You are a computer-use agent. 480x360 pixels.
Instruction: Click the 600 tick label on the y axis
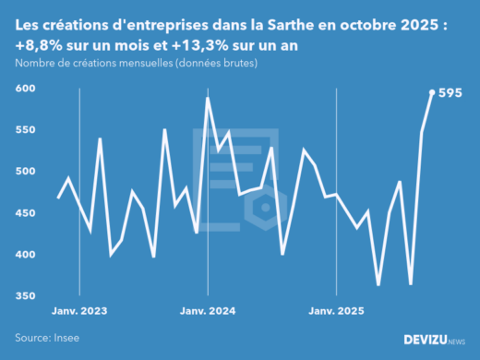[x=25, y=89]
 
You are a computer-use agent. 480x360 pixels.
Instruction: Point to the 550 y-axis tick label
[x=25, y=130]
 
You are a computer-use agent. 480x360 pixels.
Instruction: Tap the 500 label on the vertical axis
[x=25, y=172]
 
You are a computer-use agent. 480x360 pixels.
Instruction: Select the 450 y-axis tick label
[x=25, y=213]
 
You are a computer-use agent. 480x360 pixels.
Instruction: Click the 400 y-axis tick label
[x=25, y=255]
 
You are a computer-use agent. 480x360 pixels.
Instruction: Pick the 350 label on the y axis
[x=25, y=296]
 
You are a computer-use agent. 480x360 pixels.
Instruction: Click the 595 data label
[x=450, y=92]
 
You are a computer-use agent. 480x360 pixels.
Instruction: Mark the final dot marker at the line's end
[x=433, y=92]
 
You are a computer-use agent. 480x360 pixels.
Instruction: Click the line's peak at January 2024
[x=208, y=98]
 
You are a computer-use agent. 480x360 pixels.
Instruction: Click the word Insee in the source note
[x=65, y=338]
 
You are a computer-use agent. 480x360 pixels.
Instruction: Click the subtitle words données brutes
[x=219, y=63]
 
